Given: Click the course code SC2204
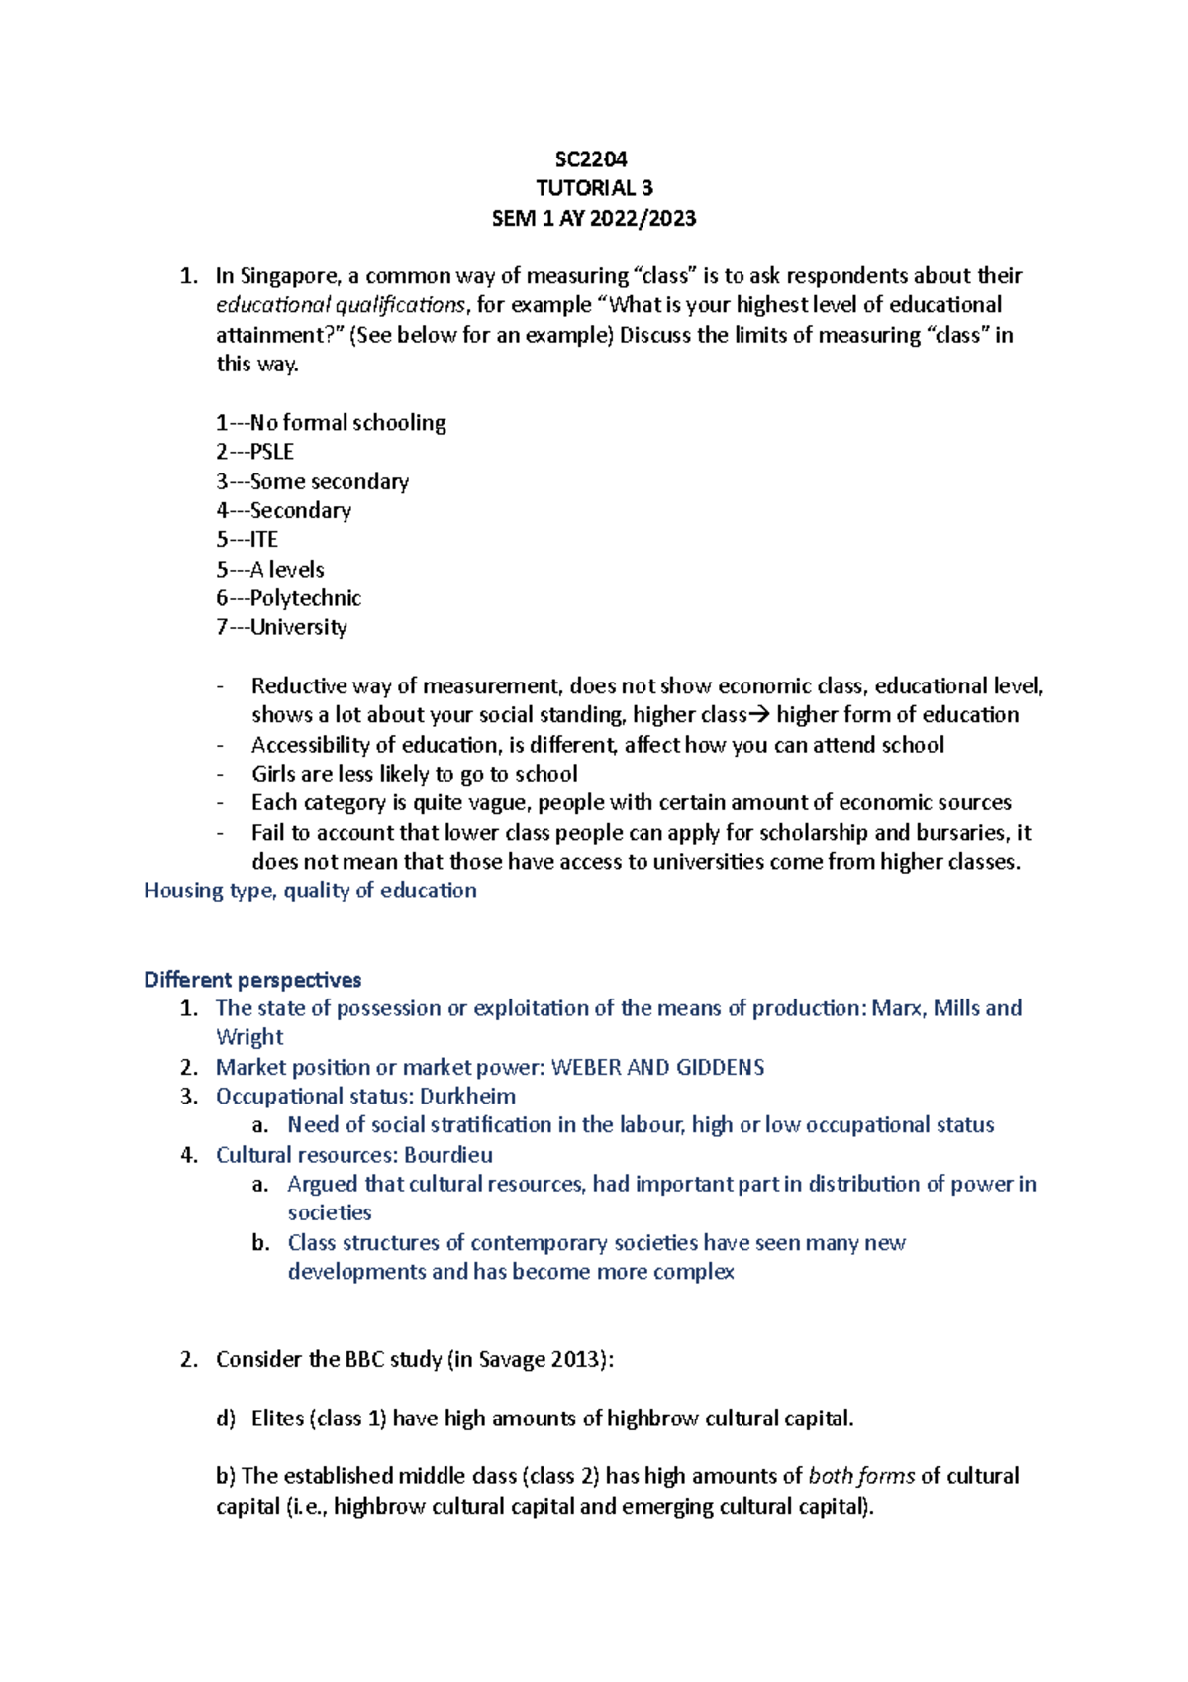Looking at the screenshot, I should [x=591, y=159].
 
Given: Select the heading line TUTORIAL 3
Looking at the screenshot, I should [x=594, y=188].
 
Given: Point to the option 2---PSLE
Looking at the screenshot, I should [x=255, y=452].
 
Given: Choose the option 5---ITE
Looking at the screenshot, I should [x=247, y=540].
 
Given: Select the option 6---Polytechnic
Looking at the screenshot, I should [x=289, y=598].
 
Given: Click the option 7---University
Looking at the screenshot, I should [x=282, y=627].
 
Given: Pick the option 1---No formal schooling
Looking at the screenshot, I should [x=332, y=423].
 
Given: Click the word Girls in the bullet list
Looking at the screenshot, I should [x=272, y=774].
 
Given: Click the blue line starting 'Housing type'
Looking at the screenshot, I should [x=310, y=891].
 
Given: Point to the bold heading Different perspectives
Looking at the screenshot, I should [x=252, y=980].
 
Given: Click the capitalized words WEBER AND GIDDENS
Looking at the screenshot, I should [x=657, y=1067].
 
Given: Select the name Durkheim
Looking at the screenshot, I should [x=467, y=1097].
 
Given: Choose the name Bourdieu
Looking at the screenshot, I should [x=447, y=1155].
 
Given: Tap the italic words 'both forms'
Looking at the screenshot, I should [x=861, y=1476].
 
